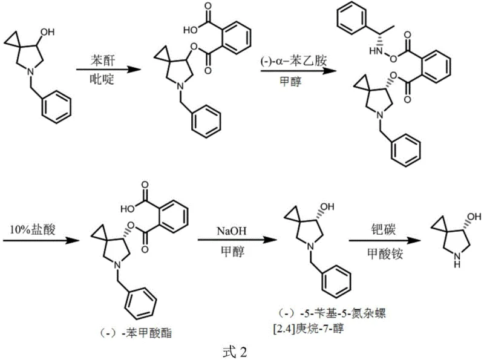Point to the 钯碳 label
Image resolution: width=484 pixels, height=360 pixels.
381,230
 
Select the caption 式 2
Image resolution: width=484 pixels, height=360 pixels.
237,350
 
